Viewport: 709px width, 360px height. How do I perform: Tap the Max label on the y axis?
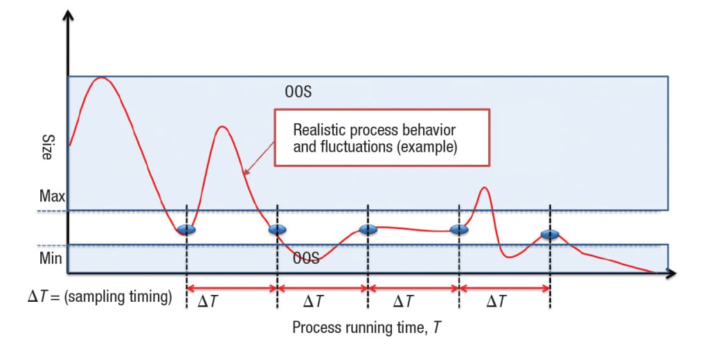tap(52, 196)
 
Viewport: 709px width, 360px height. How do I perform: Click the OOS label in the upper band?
tap(298, 91)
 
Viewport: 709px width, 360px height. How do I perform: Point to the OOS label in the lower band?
tap(305, 258)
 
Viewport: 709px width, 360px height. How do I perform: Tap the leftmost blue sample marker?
tap(186, 229)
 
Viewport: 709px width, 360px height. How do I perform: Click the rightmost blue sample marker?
tap(550, 235)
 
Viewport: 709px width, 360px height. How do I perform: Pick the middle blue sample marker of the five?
tap(368, 230)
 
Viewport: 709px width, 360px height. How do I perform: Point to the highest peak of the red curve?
tap(102, 78)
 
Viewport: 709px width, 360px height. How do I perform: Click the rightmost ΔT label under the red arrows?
tap(496, 301)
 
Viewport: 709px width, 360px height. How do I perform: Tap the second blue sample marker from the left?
tap(277, 229)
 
